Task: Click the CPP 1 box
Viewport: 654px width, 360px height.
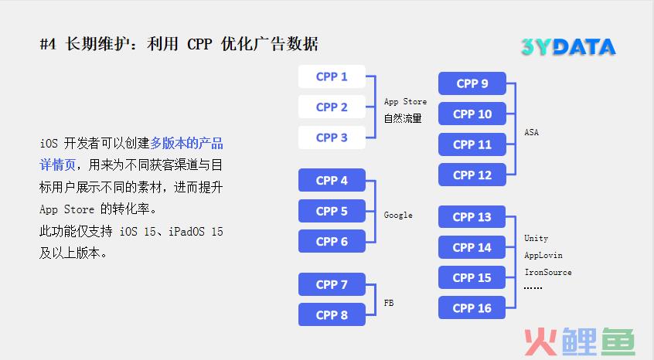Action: [332, 76]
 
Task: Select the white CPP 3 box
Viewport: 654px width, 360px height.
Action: [332, 138]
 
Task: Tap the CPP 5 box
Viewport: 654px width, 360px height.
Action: [332, 211]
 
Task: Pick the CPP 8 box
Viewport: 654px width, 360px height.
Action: [332, 314]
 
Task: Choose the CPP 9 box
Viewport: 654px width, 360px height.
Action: [472, 83]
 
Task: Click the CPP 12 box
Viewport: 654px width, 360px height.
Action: [472, 175]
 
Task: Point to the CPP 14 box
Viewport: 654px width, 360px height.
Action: [472, 247]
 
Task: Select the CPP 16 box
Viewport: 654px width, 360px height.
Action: [472, 308]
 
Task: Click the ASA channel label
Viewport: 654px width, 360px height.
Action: [531, 133]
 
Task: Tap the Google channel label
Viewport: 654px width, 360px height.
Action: [398, 215]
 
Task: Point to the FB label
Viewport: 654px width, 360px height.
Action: [389, 303]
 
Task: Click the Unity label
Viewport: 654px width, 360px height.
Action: [536, 239]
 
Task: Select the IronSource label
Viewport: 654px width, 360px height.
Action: [548, 272]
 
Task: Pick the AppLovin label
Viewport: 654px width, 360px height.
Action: [543, 255]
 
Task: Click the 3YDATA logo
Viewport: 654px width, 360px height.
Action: [568, 46]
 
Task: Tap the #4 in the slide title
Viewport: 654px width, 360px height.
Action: [48, 44]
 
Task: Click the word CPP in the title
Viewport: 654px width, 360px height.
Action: [199, 44]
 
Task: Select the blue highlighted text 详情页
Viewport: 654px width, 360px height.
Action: [57, 165]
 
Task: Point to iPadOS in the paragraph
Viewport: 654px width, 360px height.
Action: [186, 231]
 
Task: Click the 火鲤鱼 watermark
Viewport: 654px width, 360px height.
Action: [580, 341]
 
